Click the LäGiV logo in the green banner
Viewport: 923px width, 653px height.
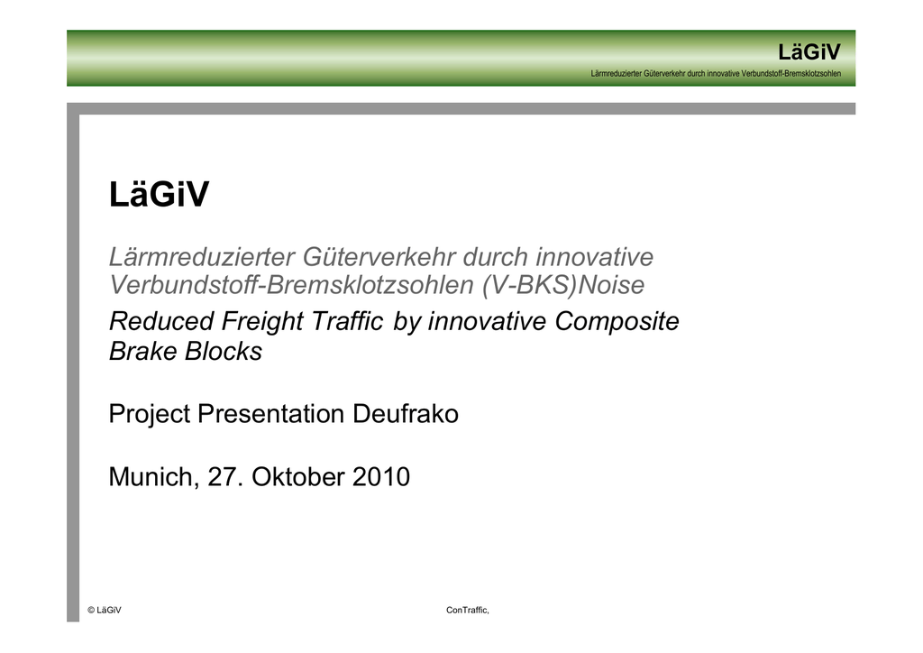click(x=809, y=51)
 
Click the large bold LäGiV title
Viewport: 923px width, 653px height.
click(x=159, y=194)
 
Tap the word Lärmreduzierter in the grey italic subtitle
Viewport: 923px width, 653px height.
click(x=202, y=257)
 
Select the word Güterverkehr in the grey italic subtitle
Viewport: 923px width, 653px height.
click(x=379, y=257)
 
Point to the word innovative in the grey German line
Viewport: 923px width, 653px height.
click(x=594, y=257)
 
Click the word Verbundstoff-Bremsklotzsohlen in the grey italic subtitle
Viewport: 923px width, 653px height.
click(x=291, y=285)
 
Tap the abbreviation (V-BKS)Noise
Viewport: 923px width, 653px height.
click(x=562, y=285)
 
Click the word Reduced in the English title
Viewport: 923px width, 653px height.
click(x=161, y=321)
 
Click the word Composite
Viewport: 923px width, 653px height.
click(x=617, y=321)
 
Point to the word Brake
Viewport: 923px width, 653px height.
click(x=143, y=352)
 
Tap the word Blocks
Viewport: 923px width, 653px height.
click(x=224, y=352)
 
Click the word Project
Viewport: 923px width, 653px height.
click(x=150, y=414)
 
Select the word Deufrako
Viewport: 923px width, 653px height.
click(x=405, y=414)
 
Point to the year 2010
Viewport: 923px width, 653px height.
click(x=381, y=477)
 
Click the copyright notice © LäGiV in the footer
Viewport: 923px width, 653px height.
click(x=105, y=610)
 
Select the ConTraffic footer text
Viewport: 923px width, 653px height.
click(x=468, y=610)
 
